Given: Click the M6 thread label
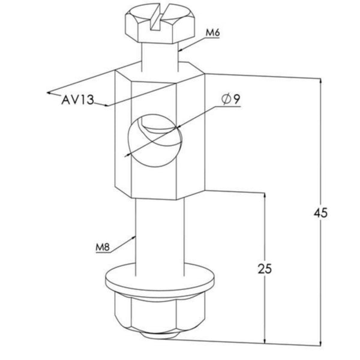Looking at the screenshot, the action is [x=212, y=33].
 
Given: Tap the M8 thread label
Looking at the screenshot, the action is [x=103, y=247].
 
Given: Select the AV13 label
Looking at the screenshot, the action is [x=77, y=100].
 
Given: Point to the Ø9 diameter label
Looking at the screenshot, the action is [x=231, y=99].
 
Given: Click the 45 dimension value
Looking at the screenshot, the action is [x=321, y=213].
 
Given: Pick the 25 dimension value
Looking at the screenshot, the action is [x=265, y=269].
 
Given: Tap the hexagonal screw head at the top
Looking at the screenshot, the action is [x=160, y=23].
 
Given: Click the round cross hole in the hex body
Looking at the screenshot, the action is [x=155, y=140].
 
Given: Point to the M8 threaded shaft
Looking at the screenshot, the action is [x=160, y=236].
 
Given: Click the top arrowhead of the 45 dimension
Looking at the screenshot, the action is [x=321, y=81].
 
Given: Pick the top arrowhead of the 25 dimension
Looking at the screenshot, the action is [x=265, y=195].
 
